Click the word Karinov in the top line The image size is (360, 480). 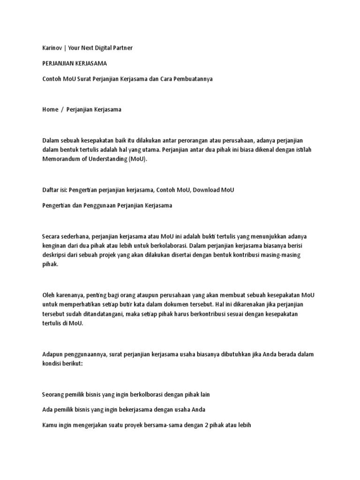tap(53, 48)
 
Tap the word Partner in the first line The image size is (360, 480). tap(122, 48)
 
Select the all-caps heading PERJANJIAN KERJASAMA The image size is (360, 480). tap(75, 63)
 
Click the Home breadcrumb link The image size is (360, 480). tap(50, 109)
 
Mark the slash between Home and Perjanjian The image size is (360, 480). tap(62, 109)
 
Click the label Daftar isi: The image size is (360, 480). tap(55, 190)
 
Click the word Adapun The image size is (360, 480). tap(53, 354)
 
